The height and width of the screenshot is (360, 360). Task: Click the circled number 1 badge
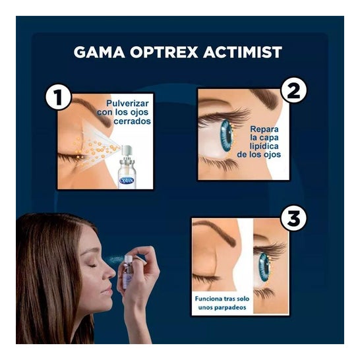(x=58, y=99)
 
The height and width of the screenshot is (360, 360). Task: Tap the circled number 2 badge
(x=294, y=92)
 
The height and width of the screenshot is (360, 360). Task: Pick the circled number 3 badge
(x=293, y=218)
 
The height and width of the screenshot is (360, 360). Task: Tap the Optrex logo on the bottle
(x=127, y=179)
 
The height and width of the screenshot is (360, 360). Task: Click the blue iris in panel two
(x=226, y=135)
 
